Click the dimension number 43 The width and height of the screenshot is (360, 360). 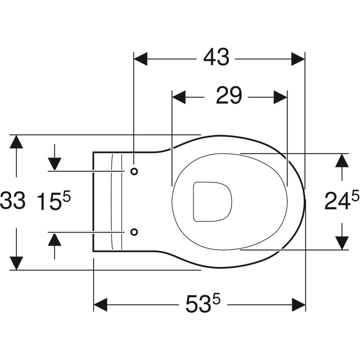click(x=216, y=58)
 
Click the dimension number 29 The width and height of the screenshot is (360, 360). click(x=229, y=96)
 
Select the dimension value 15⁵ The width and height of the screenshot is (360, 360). click(x=54, y=201)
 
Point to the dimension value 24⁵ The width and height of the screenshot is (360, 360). click(x=342, y=201)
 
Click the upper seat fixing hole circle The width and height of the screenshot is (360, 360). click(x=134, y=171)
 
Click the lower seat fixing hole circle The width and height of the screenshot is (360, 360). click(x=134, y=232)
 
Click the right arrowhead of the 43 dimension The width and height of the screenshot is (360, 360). click(x=298, y=58)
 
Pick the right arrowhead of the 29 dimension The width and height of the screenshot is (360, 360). click(x=281, y=96)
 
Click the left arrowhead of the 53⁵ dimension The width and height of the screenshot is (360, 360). click(x=100, y=304)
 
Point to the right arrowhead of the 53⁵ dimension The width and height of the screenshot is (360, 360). click(x=298, y=304)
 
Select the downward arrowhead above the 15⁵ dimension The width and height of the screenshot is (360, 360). click(x=54, y=163)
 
